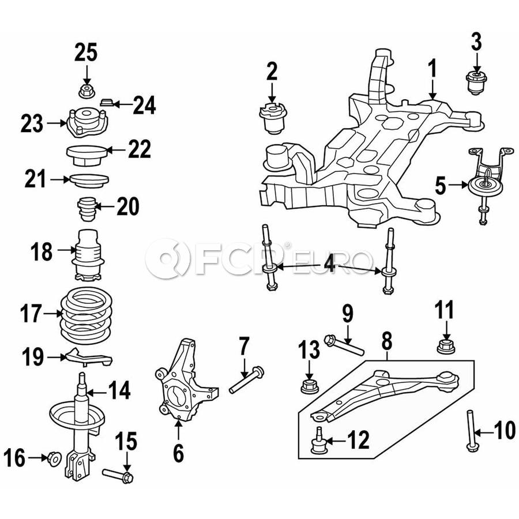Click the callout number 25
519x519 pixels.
tap(86, 52)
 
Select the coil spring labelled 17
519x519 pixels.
tap(86, 316)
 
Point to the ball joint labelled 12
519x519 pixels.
tap(318, 441)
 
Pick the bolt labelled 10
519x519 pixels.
tap(471, 430)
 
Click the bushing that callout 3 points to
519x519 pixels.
tap(477, 82)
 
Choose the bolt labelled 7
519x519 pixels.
tap(247, 380)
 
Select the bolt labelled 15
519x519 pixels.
tap(118, 476)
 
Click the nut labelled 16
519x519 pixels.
tap(54, 458)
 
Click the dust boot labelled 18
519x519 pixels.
tap(88, 255)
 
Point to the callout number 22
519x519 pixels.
tap(140, 149)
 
